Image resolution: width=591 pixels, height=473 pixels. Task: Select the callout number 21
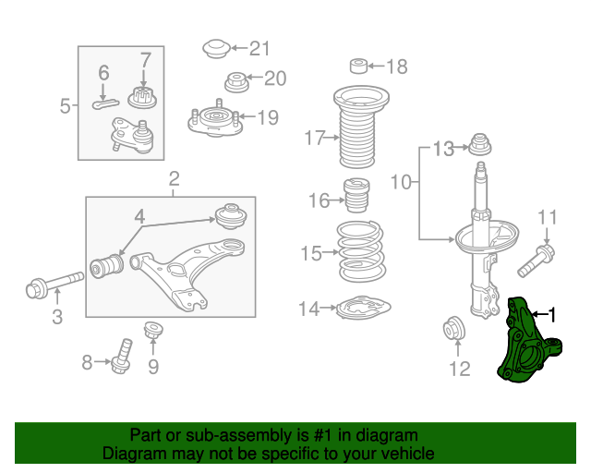pyautogui.click(x=260, y=49)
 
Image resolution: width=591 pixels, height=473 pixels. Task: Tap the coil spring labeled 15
pyautogui.click(x=361, y=251)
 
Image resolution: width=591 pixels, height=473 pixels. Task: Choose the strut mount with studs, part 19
pyautogui.click(x=215, y=120)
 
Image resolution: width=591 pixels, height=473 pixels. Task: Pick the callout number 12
pyautogui.click(x=460, y=369)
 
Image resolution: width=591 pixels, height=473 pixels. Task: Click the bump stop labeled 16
pyautogui.click(x=356, y=195)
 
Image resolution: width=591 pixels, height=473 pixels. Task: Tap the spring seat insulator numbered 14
pyautogui.click(x=363, y=308)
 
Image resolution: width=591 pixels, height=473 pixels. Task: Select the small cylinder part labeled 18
pyautogui.click(x=359, y=66)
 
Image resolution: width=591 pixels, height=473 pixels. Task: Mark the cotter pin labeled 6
pyautogui.click(x=105, y=103)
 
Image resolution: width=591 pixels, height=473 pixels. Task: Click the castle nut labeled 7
pyautogui.click(x=142, y=97)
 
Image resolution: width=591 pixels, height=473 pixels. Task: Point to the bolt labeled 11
pyautogui.click(x=536, y=261)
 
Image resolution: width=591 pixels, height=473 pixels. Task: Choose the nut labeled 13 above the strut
pyautogui.click(x=480, y=144)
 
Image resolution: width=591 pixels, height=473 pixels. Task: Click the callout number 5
pyautogui.click(x=66, y=106)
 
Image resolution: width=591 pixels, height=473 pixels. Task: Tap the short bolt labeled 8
pyautogui.click(x=121, y=357)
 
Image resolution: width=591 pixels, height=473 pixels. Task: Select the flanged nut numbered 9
pyautogui.click(x=153, y=332)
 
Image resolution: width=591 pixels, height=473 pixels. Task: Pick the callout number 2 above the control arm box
pyautogui.click(x=174, y=179)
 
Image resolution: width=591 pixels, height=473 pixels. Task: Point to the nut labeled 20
pyautogui.click(x=236, y=82)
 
